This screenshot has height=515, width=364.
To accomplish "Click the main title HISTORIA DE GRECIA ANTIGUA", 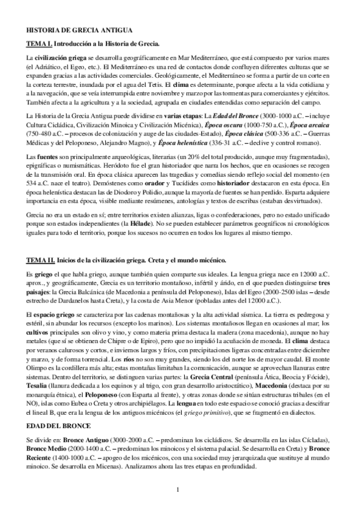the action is pyautogui.click(x=84, y=30).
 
